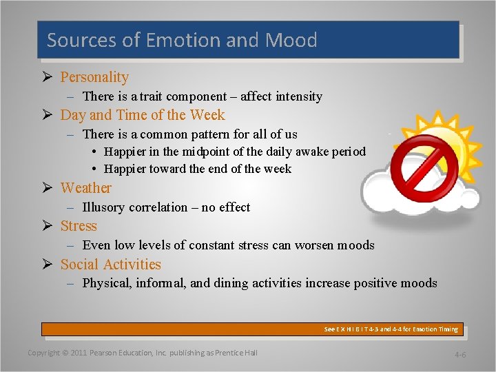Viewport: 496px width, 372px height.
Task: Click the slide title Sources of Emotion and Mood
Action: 182,40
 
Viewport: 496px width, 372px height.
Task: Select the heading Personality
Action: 94,77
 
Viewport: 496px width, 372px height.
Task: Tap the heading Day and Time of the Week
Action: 143,115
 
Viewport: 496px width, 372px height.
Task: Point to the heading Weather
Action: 85,187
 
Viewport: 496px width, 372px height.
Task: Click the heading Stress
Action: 79,226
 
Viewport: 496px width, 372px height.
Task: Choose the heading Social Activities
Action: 110,265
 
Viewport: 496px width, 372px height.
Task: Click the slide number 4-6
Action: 460,354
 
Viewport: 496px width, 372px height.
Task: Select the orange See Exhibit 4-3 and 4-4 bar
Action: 252,329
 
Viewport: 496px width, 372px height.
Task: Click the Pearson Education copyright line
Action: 142,353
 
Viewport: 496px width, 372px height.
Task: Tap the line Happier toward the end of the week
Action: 198,169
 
